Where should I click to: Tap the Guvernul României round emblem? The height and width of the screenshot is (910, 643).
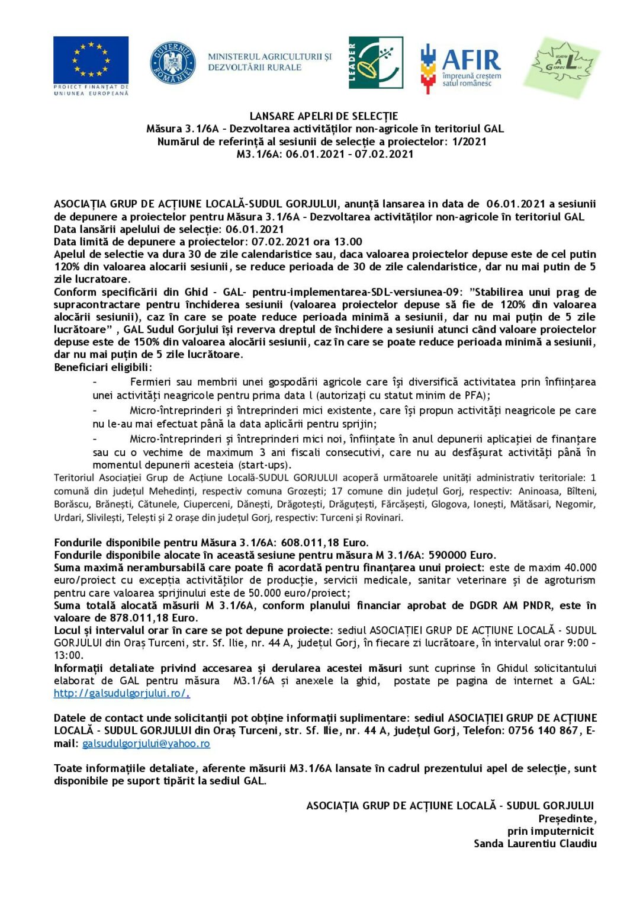pos(172,62)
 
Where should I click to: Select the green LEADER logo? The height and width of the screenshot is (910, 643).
pos(375,62)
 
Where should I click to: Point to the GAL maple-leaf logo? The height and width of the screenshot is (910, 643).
pos(561,66)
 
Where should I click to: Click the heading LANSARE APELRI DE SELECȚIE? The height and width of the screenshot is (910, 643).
pos(323,116)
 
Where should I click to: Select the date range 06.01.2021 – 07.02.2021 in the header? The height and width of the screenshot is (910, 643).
pos(349,154)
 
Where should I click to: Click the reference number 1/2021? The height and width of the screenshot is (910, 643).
pos(469,142)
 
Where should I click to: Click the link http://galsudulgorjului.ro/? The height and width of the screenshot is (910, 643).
pos(121,693)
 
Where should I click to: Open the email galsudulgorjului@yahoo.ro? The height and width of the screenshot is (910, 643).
pos(146,744)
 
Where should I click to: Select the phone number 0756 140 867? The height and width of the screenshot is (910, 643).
pos(543,730)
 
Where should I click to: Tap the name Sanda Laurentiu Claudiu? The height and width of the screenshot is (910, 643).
pos(535,843)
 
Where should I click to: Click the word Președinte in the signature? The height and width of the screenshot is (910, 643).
pos(567,818)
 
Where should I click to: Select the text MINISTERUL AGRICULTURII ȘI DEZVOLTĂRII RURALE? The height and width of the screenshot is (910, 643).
pos(269,62)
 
